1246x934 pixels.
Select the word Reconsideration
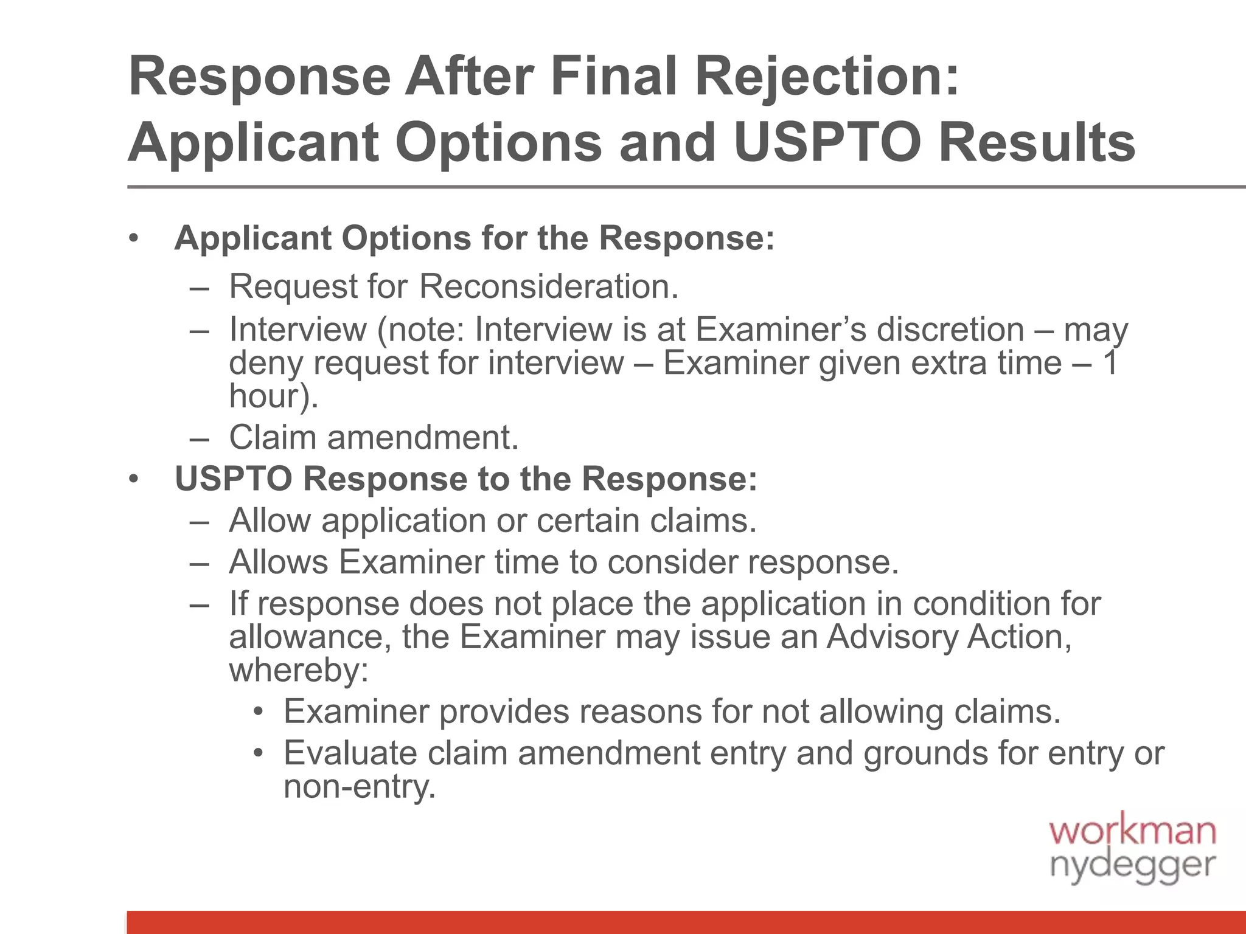click(548, 286)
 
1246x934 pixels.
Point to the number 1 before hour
click(1109, 363)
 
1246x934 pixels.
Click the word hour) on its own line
click(273, 396)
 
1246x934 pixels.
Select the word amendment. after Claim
click(423, 437)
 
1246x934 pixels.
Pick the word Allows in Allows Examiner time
click(279, 562)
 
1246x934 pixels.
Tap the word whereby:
click(299, 671)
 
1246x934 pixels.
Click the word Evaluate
click(350, 753)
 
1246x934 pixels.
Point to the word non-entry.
click(360, 787)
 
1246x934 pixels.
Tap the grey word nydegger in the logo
click(1132, 866)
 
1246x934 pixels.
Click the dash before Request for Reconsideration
click(199, 288)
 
